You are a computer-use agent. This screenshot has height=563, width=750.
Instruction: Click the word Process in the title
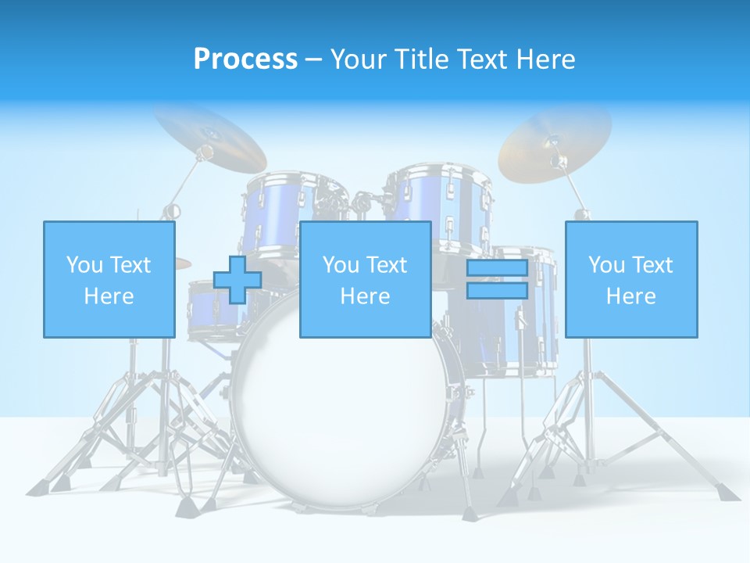click(245, 59)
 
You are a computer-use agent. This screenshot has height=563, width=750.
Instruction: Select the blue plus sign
click(237, 280)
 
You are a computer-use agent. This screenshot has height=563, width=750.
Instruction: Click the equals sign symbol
click(497, 280)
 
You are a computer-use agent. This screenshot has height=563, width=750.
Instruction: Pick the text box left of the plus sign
click(109, 279)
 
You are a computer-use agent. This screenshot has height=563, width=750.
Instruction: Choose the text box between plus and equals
click(365, 279)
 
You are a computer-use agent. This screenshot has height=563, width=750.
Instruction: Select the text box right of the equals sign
click(630, 279)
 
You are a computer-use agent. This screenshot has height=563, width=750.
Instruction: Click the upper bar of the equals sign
click(497, 269)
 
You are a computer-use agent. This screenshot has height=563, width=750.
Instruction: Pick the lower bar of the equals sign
click(497, 291)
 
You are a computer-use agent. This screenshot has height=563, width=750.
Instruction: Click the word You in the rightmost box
click(605, 265)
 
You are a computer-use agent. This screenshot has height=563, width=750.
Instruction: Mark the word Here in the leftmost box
click(109, 296)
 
